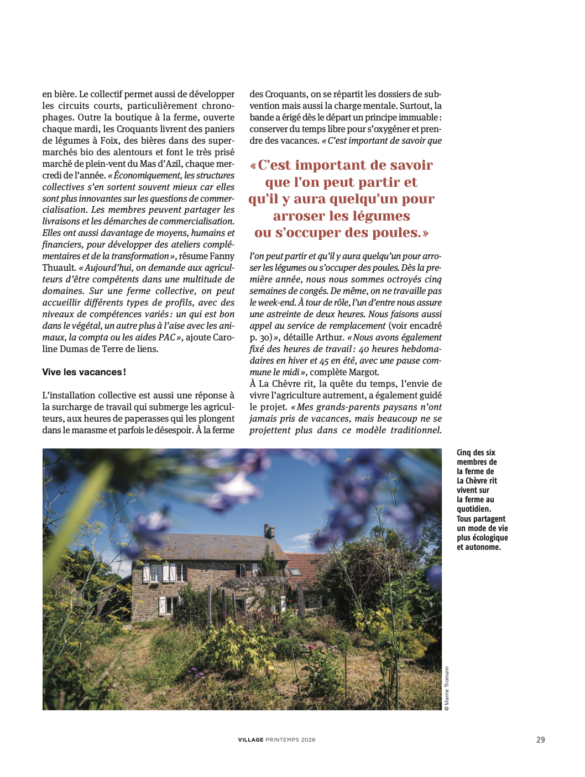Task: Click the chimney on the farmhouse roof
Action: pyautogui.click(x=269, y=531)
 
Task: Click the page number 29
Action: pyautogui.click(x=540, y=739)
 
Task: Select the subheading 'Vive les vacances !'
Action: pyautogui.click(x=84, y=372)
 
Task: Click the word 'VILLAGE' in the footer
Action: pyautogui.click(x=250, y=739)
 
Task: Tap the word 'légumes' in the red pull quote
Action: pyautogui.click(x=381, y=216)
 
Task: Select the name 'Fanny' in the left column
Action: pyautogui.click(x=222, y=256)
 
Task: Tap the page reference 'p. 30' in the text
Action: pyautogui.click(x=260, y=337)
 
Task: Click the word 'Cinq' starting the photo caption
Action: pyautogui.click(x=464, y=453)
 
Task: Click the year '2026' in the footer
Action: pyautogui.click(x=308, y=739)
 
